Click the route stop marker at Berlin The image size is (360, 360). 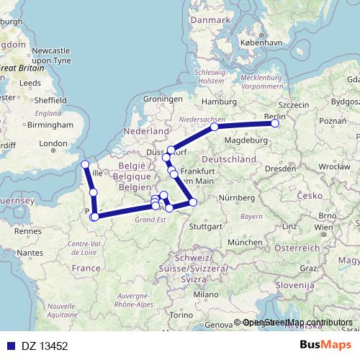point(275,123)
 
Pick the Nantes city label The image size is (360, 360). point(30,253)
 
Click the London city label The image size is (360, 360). point(53,143)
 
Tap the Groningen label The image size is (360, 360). point(163,99)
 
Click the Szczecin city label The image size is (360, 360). point(292,105)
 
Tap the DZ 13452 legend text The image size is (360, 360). point(44,346)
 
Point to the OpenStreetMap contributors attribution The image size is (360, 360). point(297,323)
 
